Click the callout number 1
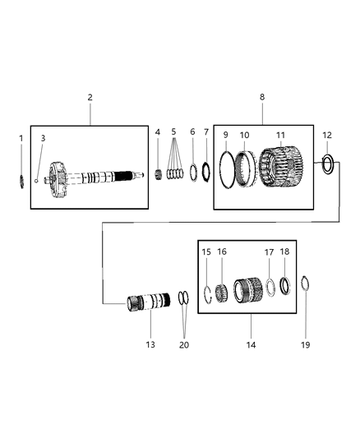21,138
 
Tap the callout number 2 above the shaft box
90,97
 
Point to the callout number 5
173,131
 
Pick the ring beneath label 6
192,173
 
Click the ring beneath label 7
206,173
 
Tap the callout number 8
262,97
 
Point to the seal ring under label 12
327,165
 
